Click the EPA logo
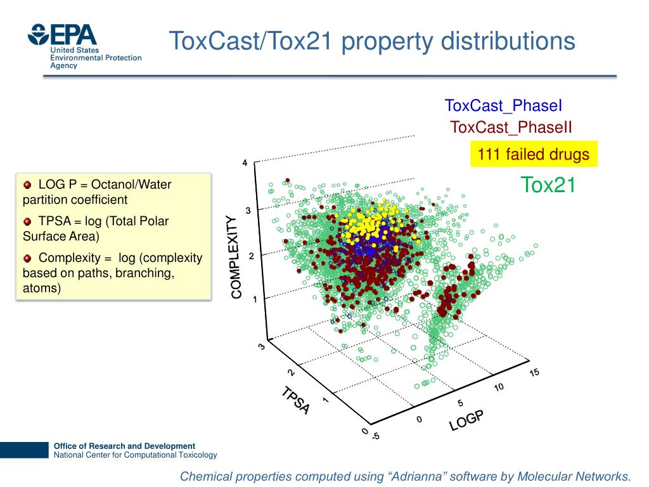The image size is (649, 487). [x=63, y=35]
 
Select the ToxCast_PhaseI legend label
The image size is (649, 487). [x=503, y=106]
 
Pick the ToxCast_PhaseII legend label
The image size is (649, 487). [x=511, y=127]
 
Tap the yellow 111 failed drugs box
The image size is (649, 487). [x=533, y=154]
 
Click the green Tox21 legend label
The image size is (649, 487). [x=548, y=185]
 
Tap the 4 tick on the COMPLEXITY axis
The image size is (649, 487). [x=245, y=164]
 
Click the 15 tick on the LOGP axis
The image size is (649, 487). [x=534, y=372]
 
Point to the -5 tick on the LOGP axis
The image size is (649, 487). [x=375, y=436]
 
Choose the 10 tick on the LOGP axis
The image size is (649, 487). [x=499, y=387]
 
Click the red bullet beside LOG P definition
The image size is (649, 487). [x=27, y=185]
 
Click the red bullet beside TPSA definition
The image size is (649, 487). [x=27, y=221]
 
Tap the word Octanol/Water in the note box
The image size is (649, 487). [x=131, y=185]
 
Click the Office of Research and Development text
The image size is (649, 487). [x=124, y=446]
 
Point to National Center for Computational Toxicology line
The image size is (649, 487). [x=135, y=455]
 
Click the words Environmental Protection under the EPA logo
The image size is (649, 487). [x=96, y=58]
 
